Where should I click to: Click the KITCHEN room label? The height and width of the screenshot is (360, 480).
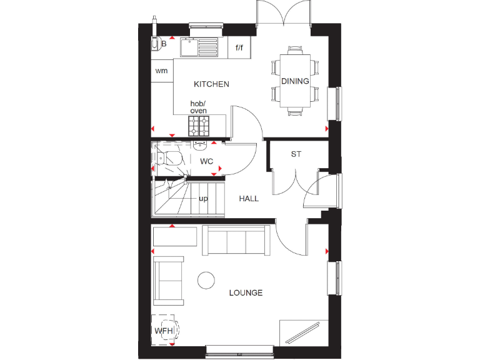coord(211,84)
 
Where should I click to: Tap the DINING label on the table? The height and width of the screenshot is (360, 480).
coord(295,81)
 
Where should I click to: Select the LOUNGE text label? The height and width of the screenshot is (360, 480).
coord(246,292)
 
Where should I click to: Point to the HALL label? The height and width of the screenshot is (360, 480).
coord(249,199)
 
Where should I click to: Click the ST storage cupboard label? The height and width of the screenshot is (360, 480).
coord(296,154)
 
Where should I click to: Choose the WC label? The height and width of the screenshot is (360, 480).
coord(207,161)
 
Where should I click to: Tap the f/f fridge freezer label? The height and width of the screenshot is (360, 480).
coord(239,47)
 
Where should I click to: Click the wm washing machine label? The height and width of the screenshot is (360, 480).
coord(162,71)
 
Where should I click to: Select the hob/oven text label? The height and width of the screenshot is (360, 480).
coord(198,107)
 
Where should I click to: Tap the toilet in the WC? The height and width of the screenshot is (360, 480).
coord(169,160)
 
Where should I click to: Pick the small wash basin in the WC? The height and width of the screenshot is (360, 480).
coord(199,146)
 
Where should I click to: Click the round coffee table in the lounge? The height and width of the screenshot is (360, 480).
coord(206,280)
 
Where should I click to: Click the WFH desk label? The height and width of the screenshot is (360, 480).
coord(163,331)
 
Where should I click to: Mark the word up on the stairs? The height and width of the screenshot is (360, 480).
coord(203,199)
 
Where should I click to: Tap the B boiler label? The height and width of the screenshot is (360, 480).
coord(164,44)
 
